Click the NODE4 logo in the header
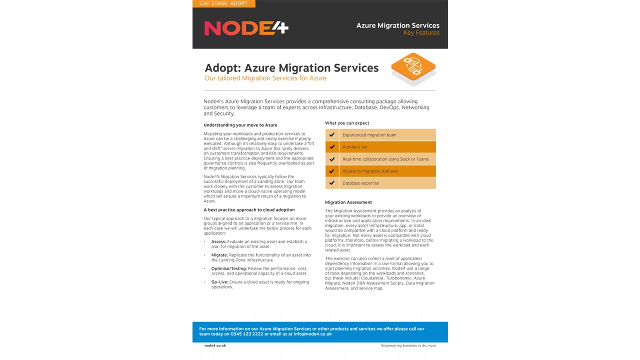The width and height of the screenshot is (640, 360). point(246,28)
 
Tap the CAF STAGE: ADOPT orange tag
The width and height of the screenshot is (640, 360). point(223,3)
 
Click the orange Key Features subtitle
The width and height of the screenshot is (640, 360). point(421,33)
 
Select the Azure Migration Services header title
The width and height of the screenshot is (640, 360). point(397,25)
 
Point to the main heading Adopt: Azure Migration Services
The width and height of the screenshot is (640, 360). point(291,68)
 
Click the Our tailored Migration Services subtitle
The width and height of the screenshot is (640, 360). point(265,78)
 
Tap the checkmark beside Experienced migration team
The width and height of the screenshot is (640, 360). point(332,135)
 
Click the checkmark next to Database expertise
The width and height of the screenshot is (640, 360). point(332,183)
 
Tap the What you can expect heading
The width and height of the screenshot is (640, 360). point(347,123)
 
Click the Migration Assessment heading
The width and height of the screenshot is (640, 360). point(348,202)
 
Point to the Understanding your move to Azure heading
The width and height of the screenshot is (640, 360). point(240,125)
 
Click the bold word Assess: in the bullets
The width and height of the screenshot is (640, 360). point(219,241)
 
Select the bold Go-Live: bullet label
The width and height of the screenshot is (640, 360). point(220,282)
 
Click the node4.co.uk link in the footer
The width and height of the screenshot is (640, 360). point(215,345)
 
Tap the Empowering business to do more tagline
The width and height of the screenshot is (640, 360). point(408,345)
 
